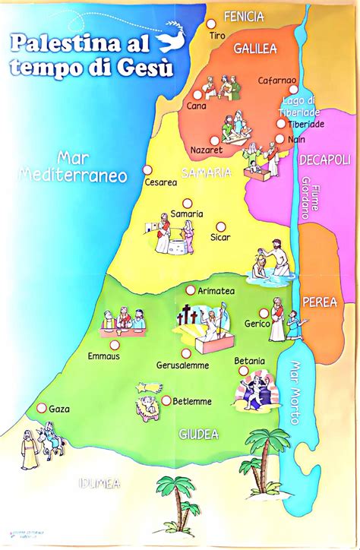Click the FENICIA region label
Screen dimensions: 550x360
click(x=244, y=16)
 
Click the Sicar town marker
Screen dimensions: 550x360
click(x=220, y=226)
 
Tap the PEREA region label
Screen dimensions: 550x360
click(x=320, y=302)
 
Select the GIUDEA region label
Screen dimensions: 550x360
click(x=198, y=435)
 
